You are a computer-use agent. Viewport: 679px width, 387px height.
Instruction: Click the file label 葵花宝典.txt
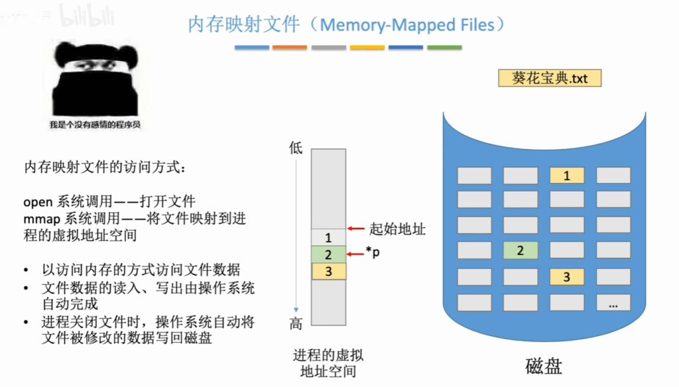550,78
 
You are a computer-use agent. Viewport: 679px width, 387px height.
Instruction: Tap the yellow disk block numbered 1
567,176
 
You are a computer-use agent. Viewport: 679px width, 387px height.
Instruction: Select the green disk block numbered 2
521,250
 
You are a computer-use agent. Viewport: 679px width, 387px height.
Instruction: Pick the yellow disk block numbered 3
567,276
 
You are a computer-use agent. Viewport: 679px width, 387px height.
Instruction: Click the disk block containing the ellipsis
613,303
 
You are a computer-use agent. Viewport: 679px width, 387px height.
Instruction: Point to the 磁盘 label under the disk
544,366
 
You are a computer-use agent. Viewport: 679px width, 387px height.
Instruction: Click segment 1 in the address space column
329,237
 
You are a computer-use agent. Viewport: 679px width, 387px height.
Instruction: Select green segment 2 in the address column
329,254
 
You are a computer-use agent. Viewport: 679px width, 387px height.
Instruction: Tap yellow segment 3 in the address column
329,271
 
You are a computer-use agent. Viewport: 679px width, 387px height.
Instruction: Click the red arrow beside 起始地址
356,228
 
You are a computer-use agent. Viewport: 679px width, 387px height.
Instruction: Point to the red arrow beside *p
355,254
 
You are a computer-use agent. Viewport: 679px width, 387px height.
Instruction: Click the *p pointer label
373,252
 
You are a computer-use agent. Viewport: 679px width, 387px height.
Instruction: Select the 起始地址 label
398,229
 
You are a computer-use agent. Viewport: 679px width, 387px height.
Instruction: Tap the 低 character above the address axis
296,148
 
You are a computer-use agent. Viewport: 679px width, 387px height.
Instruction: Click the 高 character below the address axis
296,323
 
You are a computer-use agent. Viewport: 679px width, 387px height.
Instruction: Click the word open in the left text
38,202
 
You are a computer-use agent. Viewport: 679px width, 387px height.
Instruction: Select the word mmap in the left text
42,219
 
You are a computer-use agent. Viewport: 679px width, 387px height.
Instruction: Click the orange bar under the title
290,47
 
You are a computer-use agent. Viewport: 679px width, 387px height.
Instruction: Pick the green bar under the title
444,47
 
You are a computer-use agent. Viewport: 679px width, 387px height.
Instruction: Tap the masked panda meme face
95,80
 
